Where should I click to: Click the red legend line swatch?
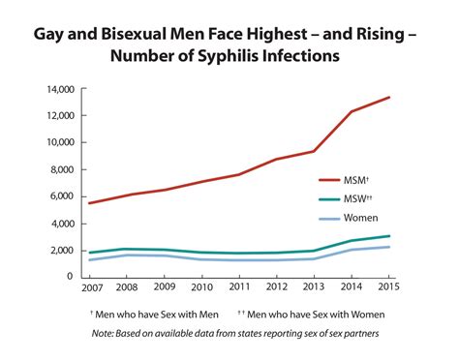click(330, 179)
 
